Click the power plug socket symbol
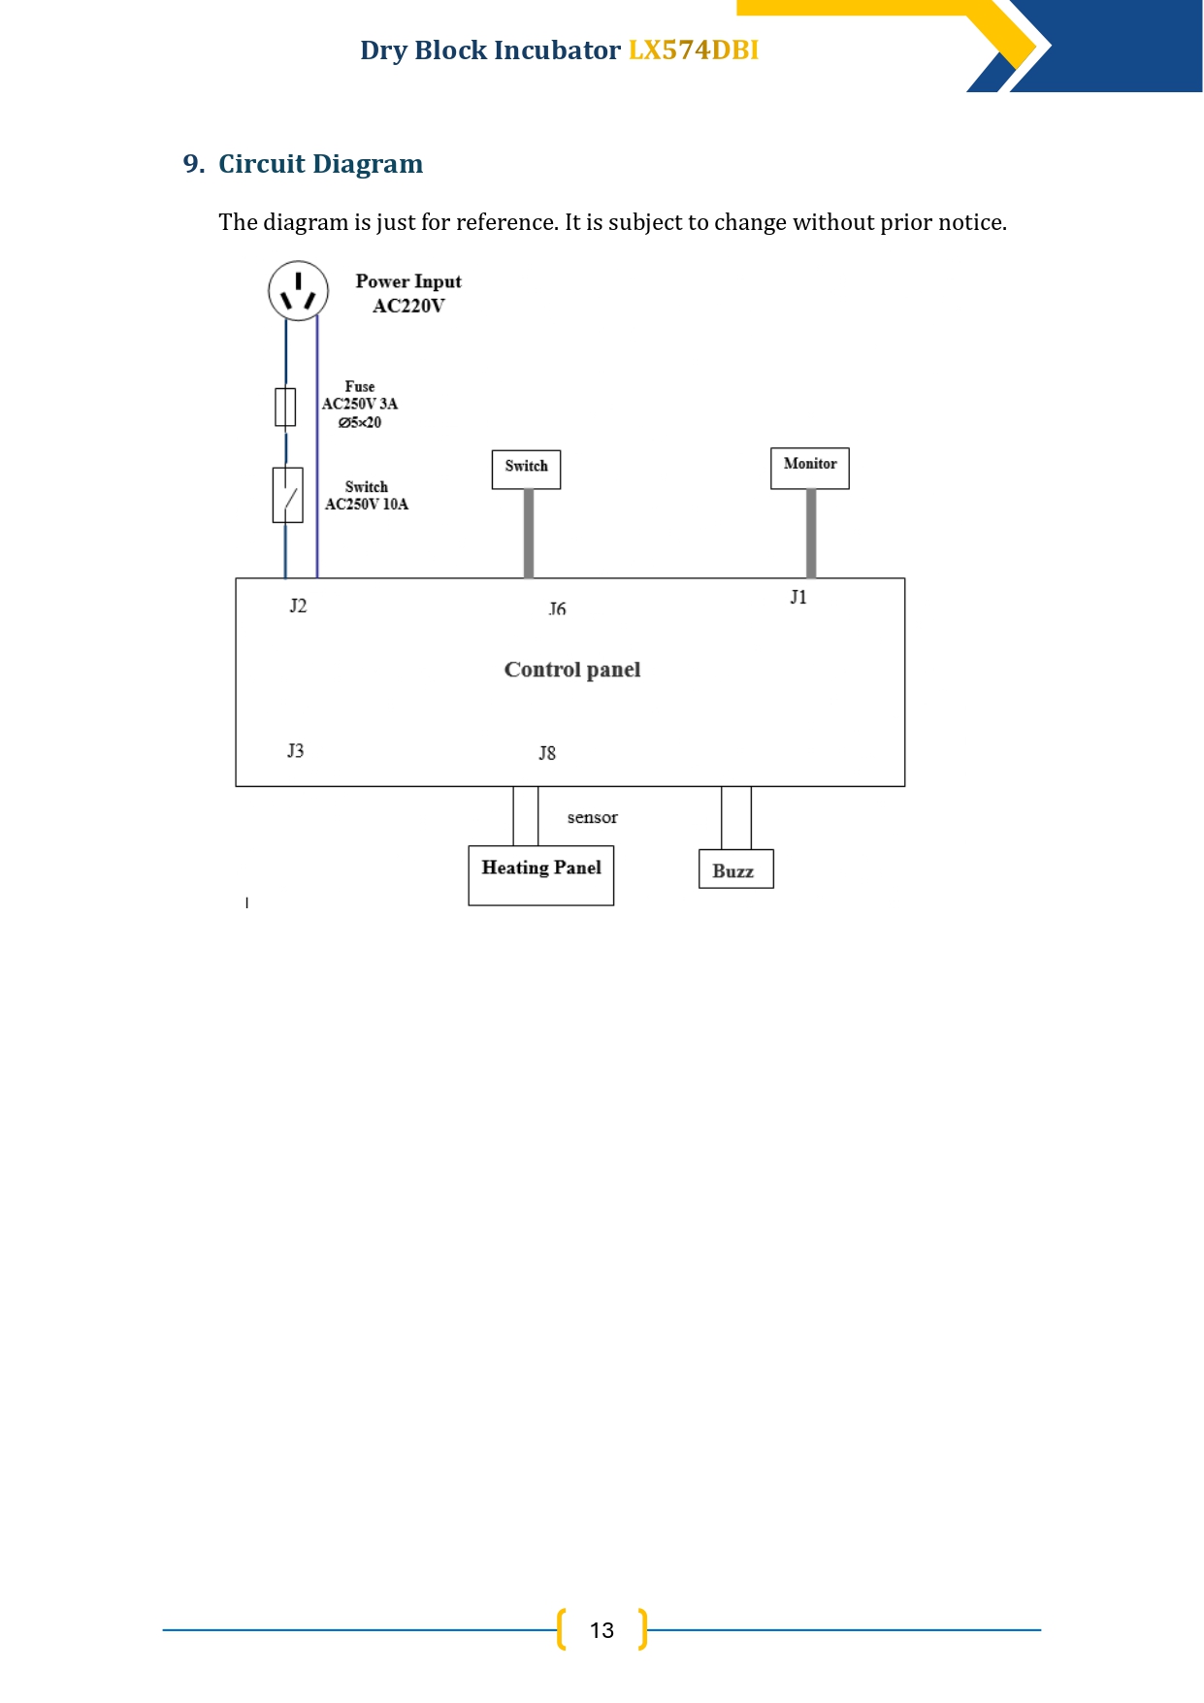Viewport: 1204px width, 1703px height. tap(298, 290)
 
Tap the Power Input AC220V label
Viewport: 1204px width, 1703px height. tap(408, 293)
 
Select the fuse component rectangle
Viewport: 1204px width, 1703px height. tap(285, 407)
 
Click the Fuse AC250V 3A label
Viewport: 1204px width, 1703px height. tap(360, 404)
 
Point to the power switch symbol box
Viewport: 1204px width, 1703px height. tap(288, 495)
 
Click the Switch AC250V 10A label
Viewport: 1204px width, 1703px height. tap(367, 495)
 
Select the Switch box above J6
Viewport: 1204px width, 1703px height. tap(527, 470)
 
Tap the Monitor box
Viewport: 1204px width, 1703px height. tap(810, 468)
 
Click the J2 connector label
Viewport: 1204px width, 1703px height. tap(298, 606)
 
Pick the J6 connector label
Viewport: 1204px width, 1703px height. tap(557, 608)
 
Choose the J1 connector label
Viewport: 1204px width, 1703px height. tap(798, 597)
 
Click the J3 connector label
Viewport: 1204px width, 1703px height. tap(296, 750)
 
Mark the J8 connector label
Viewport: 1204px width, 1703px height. tap(547, 753)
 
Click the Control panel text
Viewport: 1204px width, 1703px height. tap(572, 670)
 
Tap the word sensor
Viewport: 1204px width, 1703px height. tap(593, 817)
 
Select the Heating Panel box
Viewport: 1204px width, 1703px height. tap(541, 876)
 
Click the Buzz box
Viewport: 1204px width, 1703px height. tap(736, 869)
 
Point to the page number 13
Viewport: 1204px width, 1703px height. tap(602, 1630)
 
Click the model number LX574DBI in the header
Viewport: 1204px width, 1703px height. tap(694, 50)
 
